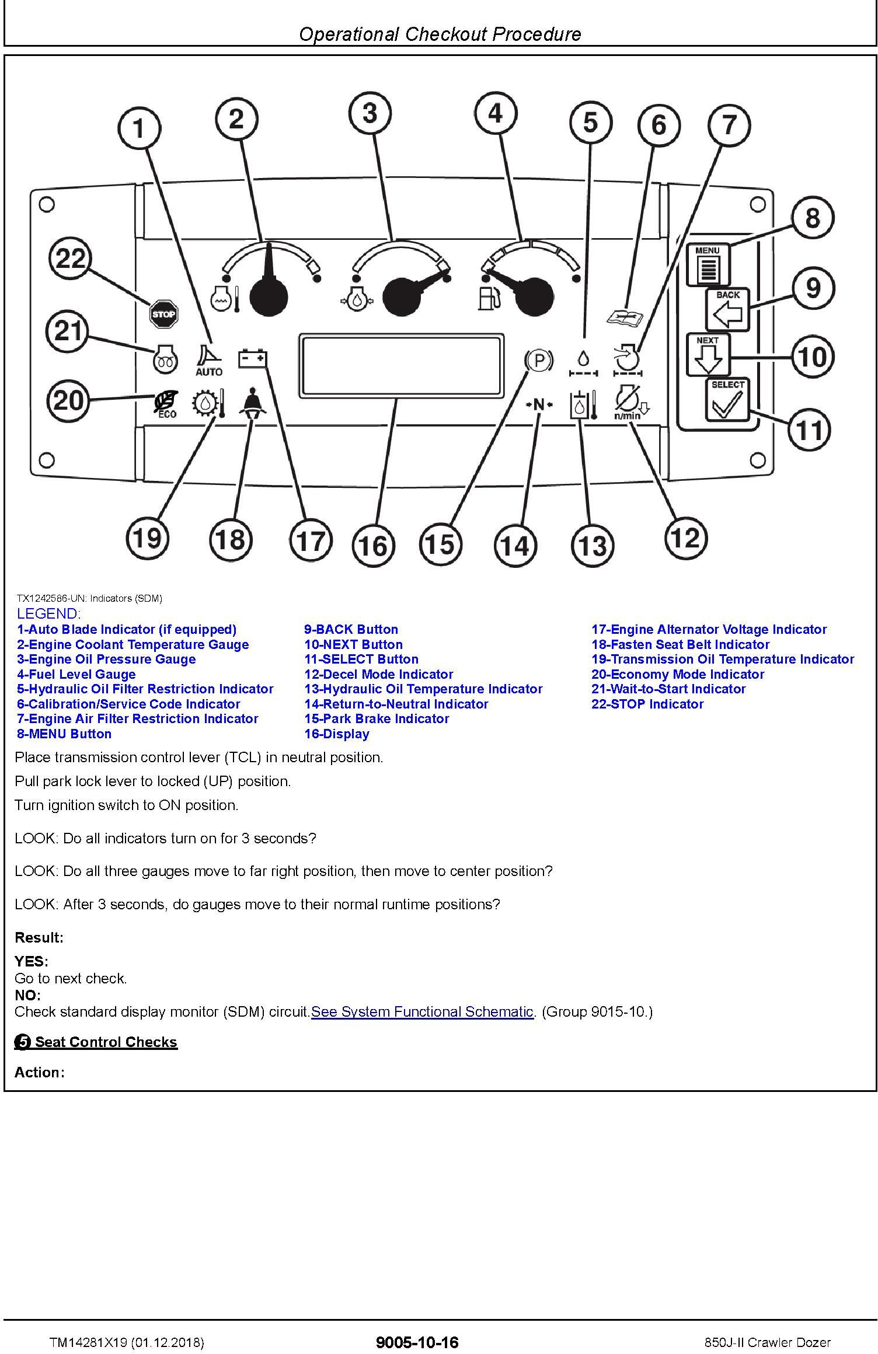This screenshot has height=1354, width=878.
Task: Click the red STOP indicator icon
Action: [163, 314]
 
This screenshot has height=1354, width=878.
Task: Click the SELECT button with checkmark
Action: [727, 400]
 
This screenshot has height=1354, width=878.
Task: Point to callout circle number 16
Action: [374, 546]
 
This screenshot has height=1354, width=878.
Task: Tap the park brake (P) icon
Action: [539, 361]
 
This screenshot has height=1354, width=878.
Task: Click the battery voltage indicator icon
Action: [253, 358]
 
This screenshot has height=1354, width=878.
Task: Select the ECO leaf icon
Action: [166, 404]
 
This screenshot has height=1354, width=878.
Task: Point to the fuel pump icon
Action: [489, 298]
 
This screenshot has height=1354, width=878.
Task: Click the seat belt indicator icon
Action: [252, 403]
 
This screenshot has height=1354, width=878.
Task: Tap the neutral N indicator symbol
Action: [539, 404]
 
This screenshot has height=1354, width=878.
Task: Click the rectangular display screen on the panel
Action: [401, 365]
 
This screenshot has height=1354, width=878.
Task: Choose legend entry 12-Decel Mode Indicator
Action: [379, 674]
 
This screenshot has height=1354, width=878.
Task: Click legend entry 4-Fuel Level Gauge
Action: [76, 674]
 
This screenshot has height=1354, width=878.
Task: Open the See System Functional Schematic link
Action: [422, 1011]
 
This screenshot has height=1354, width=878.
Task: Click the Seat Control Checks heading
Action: [106, 1042]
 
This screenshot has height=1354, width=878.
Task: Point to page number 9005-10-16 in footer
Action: [417, 1342]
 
